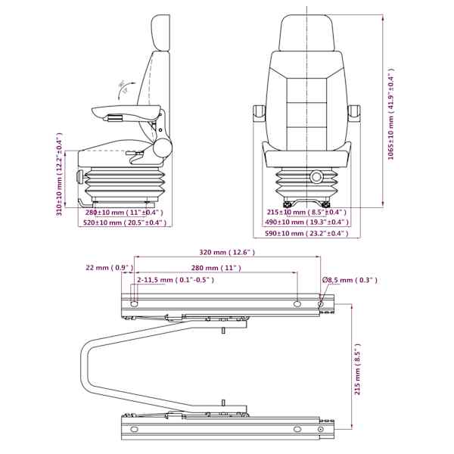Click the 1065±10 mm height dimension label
tap(391, 114)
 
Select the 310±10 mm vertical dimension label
tap(59, 174)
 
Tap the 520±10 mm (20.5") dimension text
tap(125, 222)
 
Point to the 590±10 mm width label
tap(306, 233)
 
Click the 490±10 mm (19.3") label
tap(306, 222)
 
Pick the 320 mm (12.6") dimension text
tap(227, 253)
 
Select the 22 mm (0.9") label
tap(110, 268)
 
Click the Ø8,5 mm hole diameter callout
tap(350, 280)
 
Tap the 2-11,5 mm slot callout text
tap(176, 280)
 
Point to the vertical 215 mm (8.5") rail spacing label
tap(357, 369)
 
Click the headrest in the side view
tap(161, 33)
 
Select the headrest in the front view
tap(307, 33)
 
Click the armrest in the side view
tap(126, 112)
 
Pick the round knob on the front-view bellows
tap(316, 176)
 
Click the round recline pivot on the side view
tap(163, 148)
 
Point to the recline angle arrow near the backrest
tap(125, 89)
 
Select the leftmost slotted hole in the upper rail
tap(135, 304)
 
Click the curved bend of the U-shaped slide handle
tap(85, 366)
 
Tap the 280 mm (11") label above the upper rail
tap(216, 268)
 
